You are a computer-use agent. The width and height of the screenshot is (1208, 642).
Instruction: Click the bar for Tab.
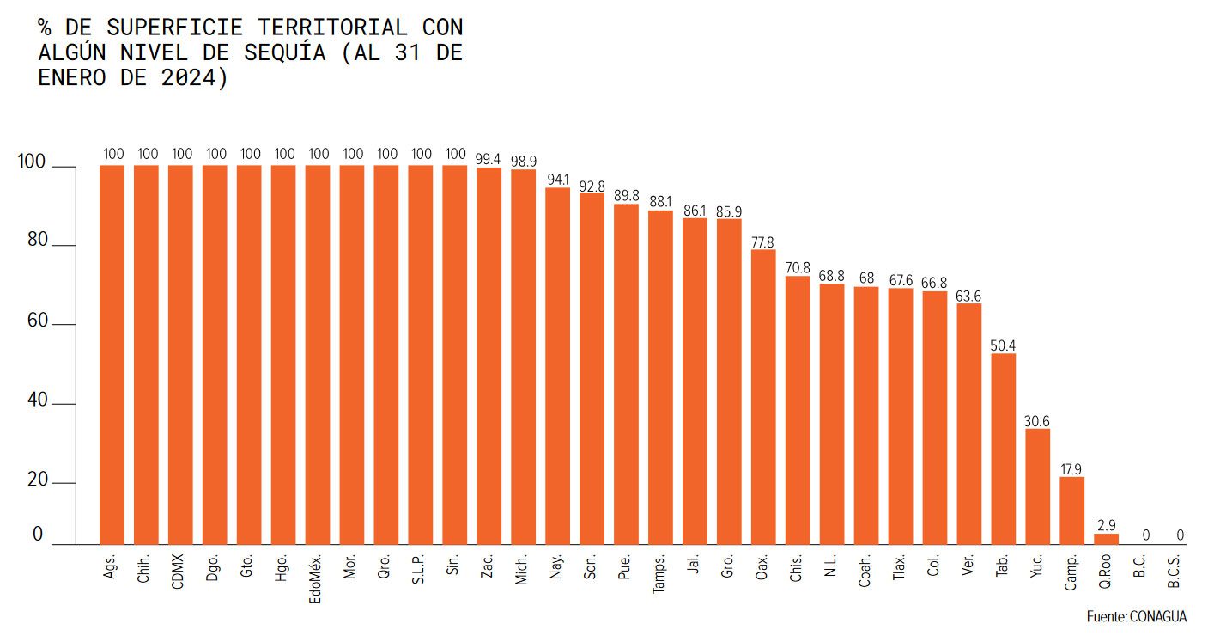pyautogui.click(x=1003, y=449)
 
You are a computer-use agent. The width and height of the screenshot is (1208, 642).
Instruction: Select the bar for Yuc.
pyautogui.click(x=1037, y=486)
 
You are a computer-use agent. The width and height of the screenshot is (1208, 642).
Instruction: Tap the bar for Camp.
pyautogui.click(x=1071, y=511)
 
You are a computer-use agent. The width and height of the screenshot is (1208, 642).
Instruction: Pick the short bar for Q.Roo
pyautogui.click(x=1106, y=539)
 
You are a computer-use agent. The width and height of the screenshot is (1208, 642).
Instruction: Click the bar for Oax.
pyautogui.click(x=763, y=396)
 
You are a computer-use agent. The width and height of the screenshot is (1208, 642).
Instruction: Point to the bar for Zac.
pyautogui.click(x=489, y=356)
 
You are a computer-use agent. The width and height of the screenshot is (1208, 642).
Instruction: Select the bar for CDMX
pyautogui.click(x=180, y=354)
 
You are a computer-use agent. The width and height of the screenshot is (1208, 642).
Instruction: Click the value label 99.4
pyautogui.click(x=489, y=158)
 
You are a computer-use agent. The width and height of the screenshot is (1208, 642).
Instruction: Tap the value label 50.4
pyautogui.click(x=1003, y=345)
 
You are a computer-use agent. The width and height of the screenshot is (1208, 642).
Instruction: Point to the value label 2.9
pyautogui.click(x=1106, y=525)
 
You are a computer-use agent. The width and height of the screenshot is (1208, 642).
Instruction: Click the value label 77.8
pyautogui.click(x=763, y=242)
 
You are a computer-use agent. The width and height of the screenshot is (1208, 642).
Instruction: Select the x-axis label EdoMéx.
pyautogui.click(x=315, y=578)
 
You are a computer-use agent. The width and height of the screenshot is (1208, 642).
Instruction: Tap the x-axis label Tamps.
pyautogui.click(x=659, y=575)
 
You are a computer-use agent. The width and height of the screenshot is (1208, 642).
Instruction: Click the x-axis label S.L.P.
pyautogui.click(x=419, y=568)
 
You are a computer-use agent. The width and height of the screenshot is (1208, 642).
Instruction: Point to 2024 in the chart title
pyautogui.click(x=200, y=78)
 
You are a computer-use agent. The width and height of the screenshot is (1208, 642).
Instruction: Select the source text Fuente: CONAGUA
pyautogui.click(x=1136, y=617)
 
